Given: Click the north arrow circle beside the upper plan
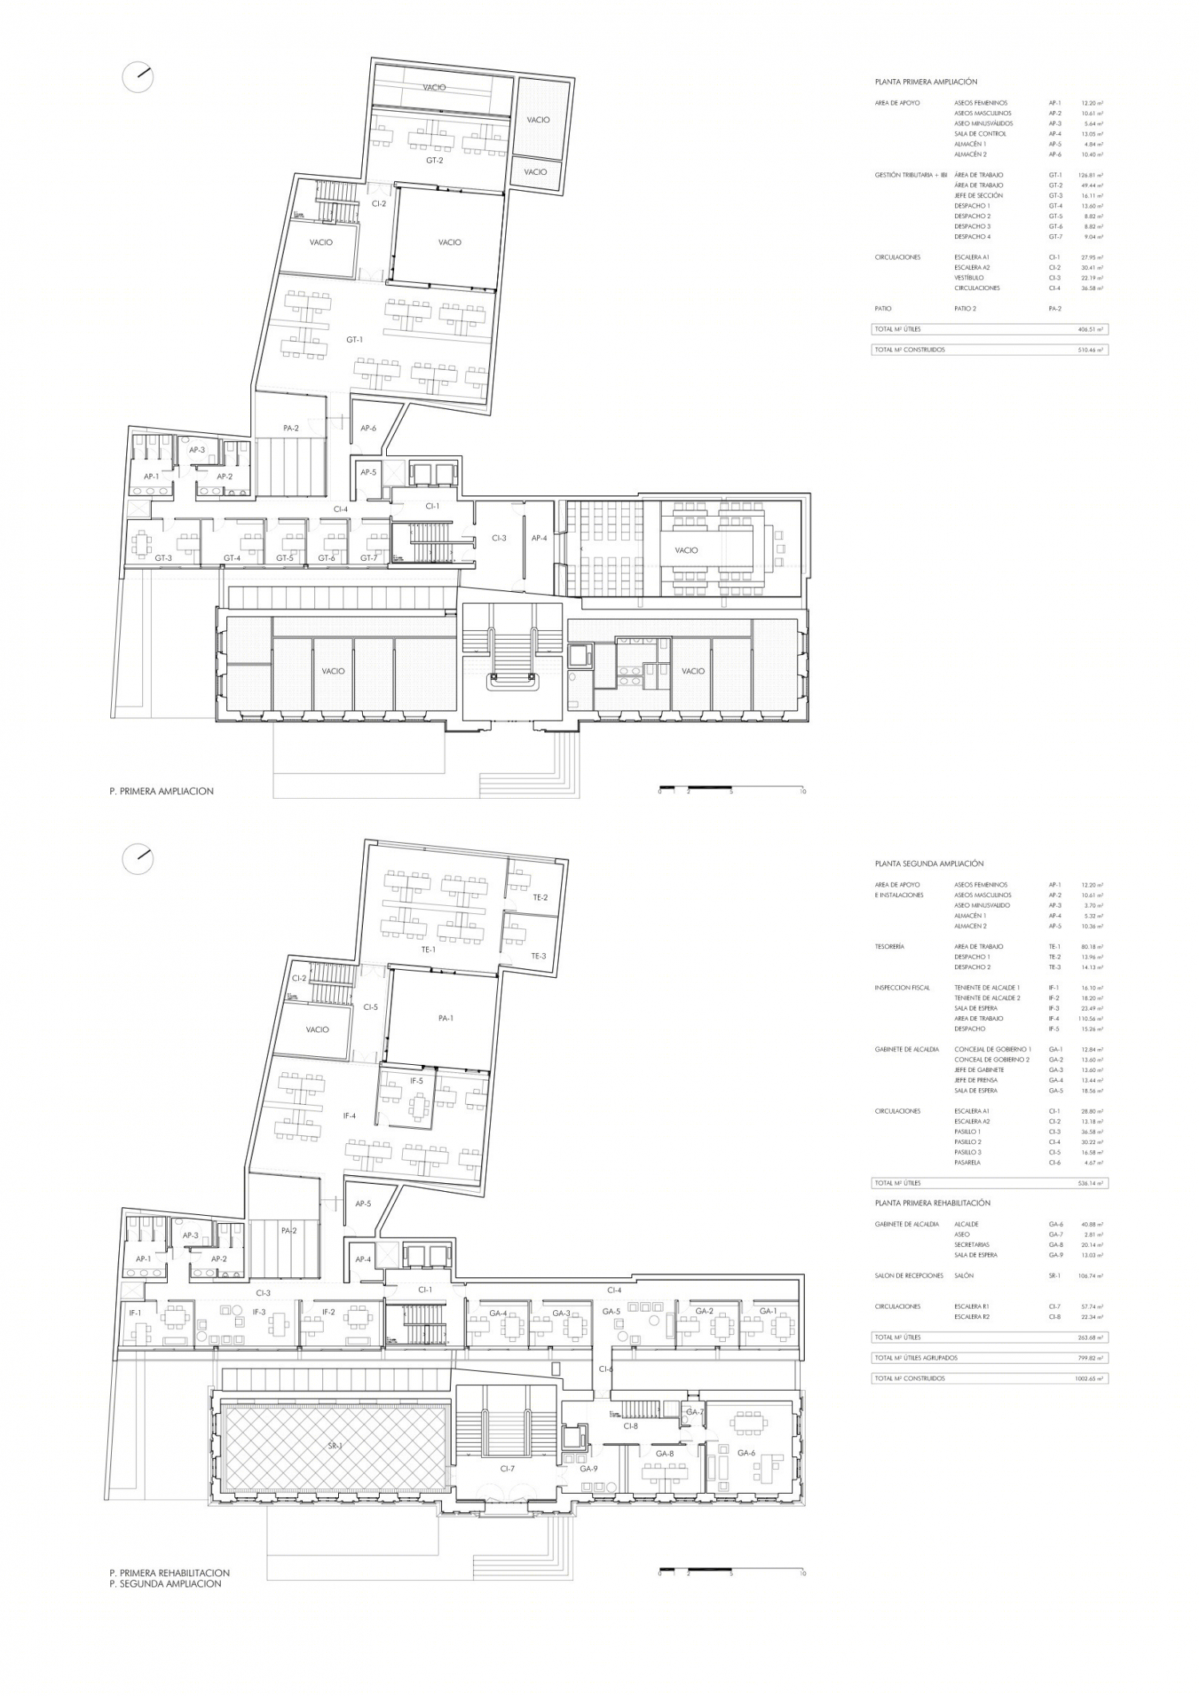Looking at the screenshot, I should (x=137, y=77).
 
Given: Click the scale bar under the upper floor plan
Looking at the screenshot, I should (x=731, y=789).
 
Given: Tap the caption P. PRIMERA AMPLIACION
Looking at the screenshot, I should (x=161, y=791).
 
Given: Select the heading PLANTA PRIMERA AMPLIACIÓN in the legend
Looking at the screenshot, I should (x=926, y=82).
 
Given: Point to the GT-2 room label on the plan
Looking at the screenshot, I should (x=434, y=161).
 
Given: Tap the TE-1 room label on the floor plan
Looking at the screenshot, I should (x=428, y=949).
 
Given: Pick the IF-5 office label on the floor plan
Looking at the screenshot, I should (x=416, y=1081).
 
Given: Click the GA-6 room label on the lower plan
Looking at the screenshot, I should (x=746, y=1452).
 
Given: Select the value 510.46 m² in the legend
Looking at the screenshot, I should (x=1090, y=350).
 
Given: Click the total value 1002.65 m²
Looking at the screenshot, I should (x=1088, y=1378).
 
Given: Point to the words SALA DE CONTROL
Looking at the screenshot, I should (x=980, y=134).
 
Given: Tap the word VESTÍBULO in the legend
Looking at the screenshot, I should (x=968, y=278).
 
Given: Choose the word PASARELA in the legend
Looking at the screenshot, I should (x=967, y=1162).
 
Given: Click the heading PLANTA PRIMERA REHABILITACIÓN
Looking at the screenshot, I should (x=932, y=1203).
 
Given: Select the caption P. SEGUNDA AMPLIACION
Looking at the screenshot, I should (x=165, y=1583).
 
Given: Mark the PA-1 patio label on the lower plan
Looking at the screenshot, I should (x=445, y=1019).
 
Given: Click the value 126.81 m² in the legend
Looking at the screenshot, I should (x=1091, y=175).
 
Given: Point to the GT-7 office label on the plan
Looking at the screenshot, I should (x=368, y=558).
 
